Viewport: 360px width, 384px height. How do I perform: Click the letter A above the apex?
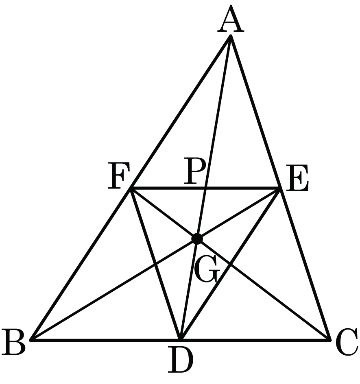click(x=231, y=20)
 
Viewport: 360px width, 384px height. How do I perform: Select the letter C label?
click(x=347, y=343)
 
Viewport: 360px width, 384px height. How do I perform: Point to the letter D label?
click(x=181, y=360)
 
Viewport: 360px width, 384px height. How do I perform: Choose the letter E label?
click(x=297, y=178)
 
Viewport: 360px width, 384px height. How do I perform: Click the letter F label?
click(x=119, y=176)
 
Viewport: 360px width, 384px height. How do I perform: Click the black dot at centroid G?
click(x=197, y=239)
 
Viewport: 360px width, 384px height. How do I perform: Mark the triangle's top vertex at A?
click(x=231, y=36)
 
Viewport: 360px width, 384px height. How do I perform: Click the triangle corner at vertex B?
click(x=31, y=340)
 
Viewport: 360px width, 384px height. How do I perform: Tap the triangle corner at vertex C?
click(x=329, y=340)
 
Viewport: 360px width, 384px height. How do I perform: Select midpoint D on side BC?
click(x=181, y=340)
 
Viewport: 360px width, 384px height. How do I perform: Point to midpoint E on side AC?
click(x=280, y=188)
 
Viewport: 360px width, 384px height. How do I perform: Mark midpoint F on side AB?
click(x=131, y=188)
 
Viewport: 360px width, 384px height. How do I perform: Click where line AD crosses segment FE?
click(x=205, y=188)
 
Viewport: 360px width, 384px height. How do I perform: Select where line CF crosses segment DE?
click(x=230, y=264)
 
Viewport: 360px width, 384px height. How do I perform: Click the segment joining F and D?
click(x=156, y=264)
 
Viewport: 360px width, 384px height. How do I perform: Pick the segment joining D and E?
click(x=230, y=264)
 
